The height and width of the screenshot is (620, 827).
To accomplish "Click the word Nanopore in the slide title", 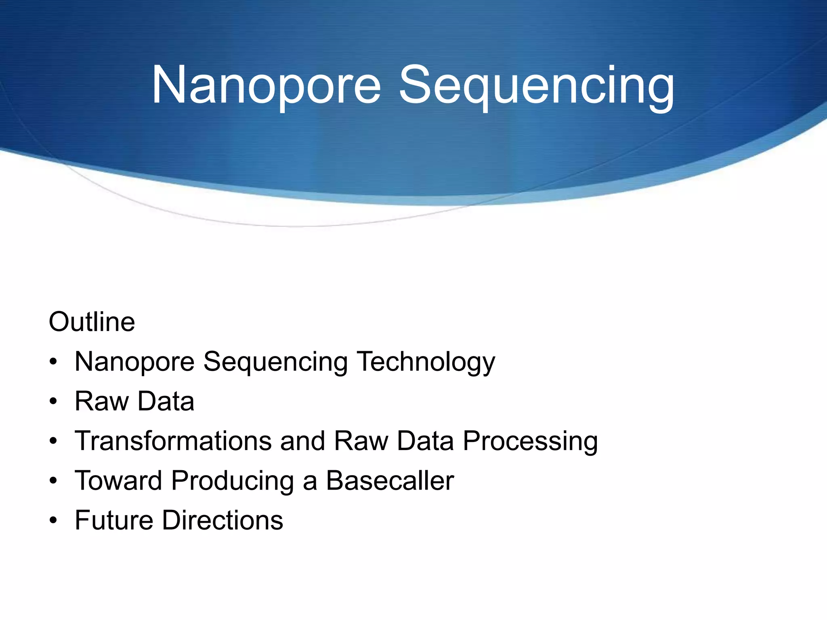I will point(266,86).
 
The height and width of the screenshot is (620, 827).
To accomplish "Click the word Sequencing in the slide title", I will point(536,87).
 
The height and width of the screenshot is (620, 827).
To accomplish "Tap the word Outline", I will point(92,322).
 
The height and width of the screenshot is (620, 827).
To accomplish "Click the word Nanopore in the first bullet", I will point(134,362).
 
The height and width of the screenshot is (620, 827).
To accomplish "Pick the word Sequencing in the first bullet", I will point(275,362).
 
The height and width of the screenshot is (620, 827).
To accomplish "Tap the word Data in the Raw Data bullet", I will point(166,401).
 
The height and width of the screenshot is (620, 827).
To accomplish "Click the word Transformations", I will point(173,441).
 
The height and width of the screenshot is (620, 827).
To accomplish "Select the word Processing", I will point(530,442).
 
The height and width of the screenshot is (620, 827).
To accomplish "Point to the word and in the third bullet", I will point(302,441).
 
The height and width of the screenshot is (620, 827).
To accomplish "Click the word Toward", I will point(118,481).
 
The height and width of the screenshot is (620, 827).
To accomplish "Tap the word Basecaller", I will point(390,481).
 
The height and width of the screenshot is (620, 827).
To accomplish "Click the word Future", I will point(113,520).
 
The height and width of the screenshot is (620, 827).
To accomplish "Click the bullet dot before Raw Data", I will point(53,402).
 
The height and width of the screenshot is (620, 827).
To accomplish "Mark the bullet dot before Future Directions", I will point(53,521).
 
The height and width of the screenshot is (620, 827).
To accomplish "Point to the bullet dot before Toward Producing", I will point(53,481).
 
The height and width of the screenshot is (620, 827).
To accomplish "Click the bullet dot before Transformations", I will point(53,441).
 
